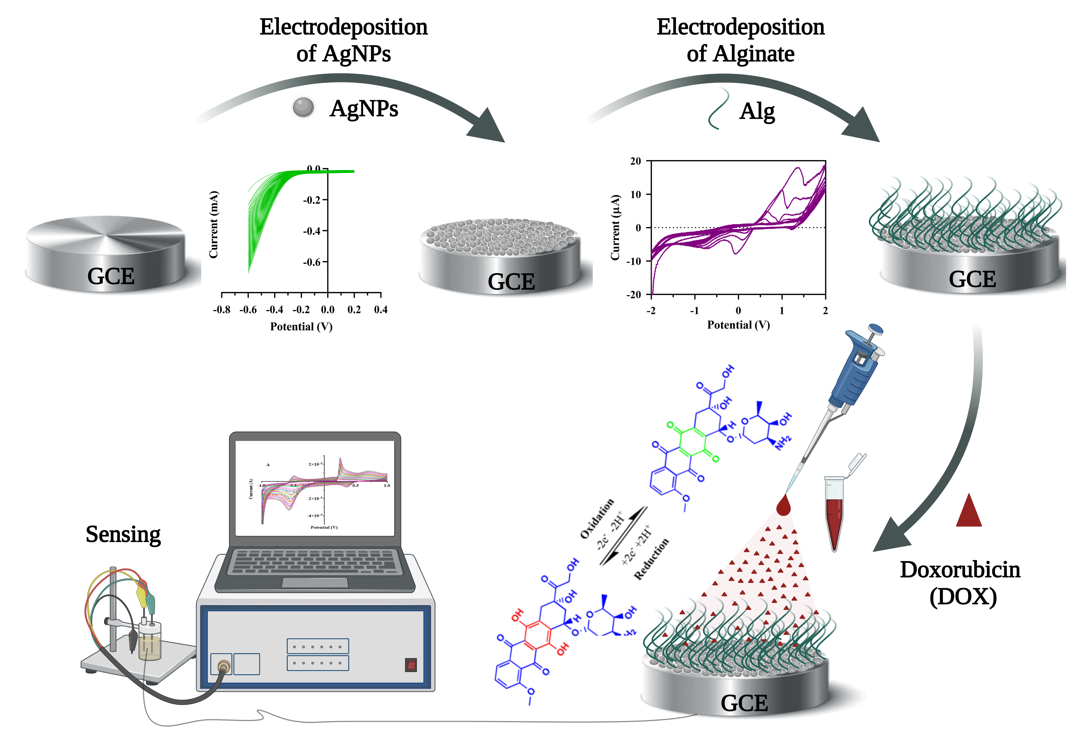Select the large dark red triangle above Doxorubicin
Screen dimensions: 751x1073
969,511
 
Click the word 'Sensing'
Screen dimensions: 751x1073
123,534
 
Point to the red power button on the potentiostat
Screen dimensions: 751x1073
411,664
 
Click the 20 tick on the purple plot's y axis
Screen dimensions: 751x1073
636,161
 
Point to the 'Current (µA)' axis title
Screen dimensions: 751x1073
615,228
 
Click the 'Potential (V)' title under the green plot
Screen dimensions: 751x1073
302,327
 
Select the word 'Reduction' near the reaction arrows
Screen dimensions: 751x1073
651,559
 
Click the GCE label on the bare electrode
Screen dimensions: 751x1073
111,276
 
